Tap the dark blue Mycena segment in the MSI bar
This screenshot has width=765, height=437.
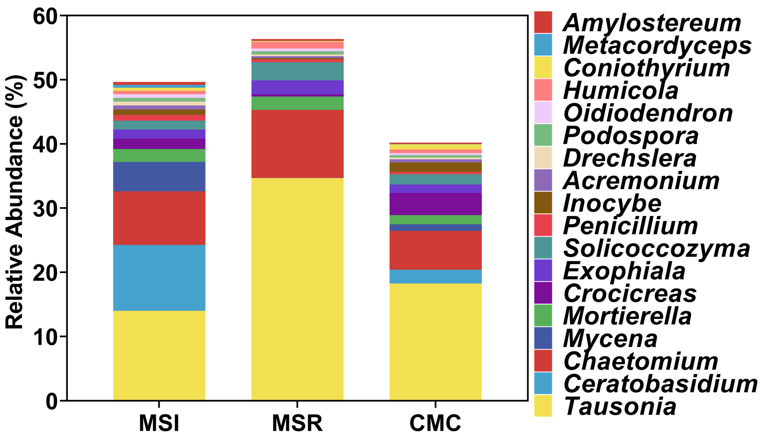(x=159, y=177)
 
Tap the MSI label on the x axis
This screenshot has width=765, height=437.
(x=159, y=423)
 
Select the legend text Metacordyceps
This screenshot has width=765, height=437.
(x=657, y=46)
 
